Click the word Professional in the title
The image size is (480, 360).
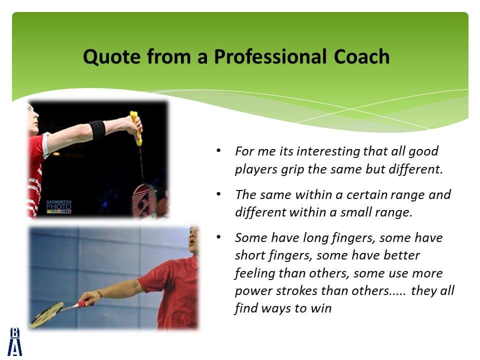coord(270,56)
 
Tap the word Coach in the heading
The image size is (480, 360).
coord(361,56)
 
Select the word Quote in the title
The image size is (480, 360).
coord(112,57)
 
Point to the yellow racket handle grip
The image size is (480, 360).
coord(136,128)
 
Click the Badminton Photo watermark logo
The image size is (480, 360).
coord(59,206)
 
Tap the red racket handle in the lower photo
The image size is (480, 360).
coord(82,304)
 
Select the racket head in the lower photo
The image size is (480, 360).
coord(46,315)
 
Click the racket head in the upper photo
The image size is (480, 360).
coord(144,200)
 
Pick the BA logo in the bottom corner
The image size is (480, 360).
coord(14,341)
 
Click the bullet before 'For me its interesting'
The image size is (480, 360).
coord(218,150)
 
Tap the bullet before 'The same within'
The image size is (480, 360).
coord(218,194)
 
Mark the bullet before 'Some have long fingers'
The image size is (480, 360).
coord(218,237)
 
